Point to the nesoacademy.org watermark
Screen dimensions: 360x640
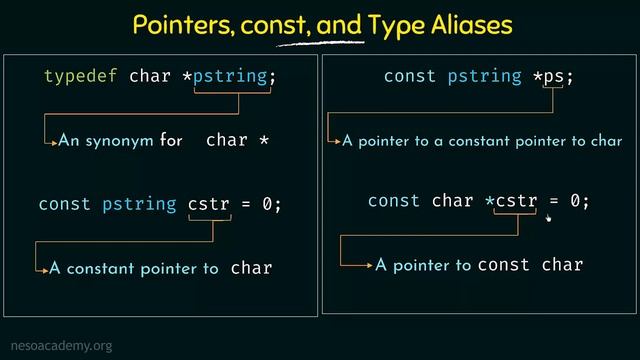click(57, 346)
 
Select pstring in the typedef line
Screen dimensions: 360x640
click(233, 76)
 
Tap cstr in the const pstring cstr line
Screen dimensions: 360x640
click(209, 204)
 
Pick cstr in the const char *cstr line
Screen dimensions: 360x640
click(517, 201)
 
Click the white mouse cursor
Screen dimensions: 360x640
click(549, 213)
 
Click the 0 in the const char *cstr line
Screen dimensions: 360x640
click(575, 201)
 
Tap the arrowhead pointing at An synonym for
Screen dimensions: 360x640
click(53, 142)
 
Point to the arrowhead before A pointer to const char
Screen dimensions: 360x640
click(370, 266)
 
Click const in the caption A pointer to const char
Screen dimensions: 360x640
click(504, 265)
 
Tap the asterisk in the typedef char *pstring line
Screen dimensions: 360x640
click(186, 76)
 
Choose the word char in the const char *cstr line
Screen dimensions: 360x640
click(453, 201)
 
